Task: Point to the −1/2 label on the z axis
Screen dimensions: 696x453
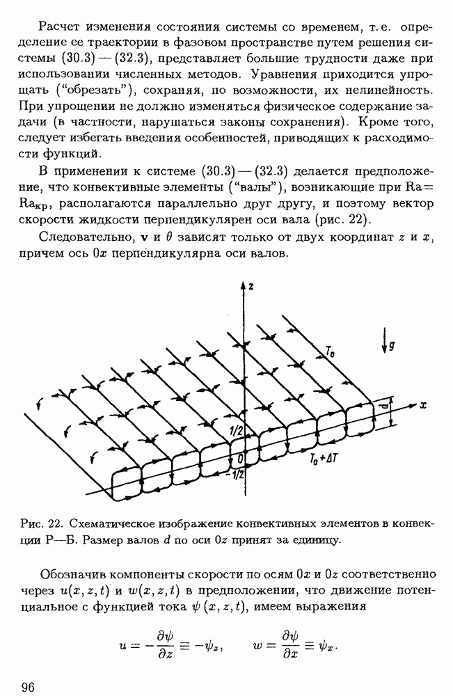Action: (235, 475)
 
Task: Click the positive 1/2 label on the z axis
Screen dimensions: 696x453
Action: (235, 431)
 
